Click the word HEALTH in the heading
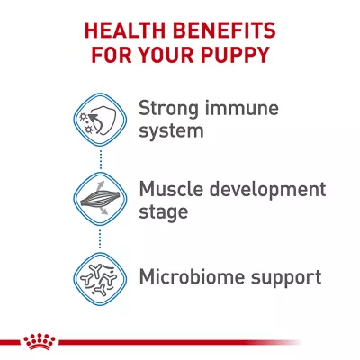(x=125, y=31)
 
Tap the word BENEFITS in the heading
(x=224, y=31)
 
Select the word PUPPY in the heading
(x=235, y=54)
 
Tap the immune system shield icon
(x=100, y=120)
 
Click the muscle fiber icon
(x=100, y=198)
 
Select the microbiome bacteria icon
(x=100, y=279)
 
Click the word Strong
(x=168, y=108)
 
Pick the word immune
(x=242, y=108)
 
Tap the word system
(x=171, y=131)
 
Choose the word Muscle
(x=171, y=189)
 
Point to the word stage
(x=164, y=212)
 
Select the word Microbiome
(x=192, y=276)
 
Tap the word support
(x=286, y=278)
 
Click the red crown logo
(x=40, y=341)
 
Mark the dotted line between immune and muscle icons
(x=100, y=159)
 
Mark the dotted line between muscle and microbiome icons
(x=100, y=238)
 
